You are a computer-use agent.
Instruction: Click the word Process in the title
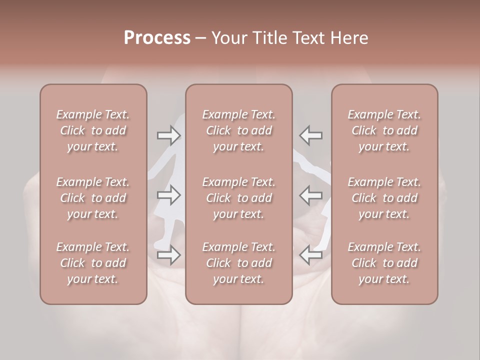coord(157,38)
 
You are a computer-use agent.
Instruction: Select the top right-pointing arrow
coord(168,135)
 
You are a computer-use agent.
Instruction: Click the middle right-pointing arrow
coord(168,195)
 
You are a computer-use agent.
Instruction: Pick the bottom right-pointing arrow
coord(168,255)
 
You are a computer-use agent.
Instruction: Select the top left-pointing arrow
coord(310,135)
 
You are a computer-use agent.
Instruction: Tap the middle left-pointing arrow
coord(310,195)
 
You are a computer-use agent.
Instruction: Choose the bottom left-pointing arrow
coord(310,255)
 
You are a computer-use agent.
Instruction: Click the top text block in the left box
coord(93,130)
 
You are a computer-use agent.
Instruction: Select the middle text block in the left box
coord(93,198)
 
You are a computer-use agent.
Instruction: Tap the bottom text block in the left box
coord(93,263)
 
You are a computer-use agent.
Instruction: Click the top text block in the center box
coord(238,130)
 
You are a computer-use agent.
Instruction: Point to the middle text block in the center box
coord(238,198)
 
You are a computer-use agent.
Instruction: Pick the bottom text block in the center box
coord(238,263)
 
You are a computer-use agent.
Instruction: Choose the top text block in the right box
coord(384,130)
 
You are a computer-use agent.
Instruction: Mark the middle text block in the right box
coord(384,198)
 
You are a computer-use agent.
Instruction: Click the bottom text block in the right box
coord(384,263)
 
